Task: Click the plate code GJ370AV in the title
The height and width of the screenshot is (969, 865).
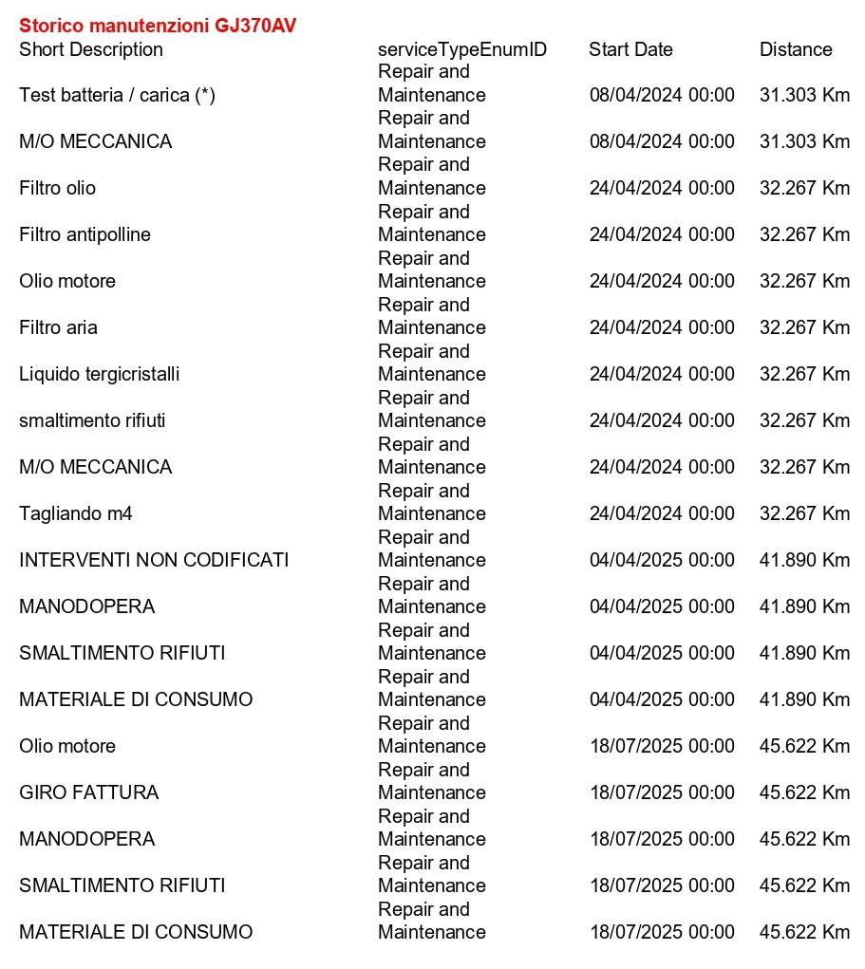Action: click(x=255, y=26)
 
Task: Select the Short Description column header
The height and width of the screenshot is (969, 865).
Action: click(x=91, y=49)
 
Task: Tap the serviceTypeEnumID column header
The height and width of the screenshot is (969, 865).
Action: click(x=462, y=49)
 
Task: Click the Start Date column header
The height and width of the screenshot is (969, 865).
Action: click(x=630, y=49)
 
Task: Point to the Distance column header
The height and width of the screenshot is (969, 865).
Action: click(x=796, y=49)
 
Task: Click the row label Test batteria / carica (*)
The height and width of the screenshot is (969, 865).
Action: click(x=117, y=95)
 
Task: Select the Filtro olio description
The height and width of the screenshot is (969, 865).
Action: click(x=57, y=188)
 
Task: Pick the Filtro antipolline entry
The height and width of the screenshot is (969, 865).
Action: click(x=85, y=234)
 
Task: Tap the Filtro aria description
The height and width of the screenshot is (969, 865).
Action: click(x=58, y=327)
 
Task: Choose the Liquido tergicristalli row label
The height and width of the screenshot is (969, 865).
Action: click(x=99, y=374)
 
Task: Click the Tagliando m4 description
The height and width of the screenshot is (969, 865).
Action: click(x=76, y=513)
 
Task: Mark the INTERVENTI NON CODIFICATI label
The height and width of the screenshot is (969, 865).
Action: click(x=154, y=560)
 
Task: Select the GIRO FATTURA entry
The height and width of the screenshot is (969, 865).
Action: click(x=88, y=792)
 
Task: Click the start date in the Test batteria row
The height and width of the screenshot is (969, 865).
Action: click(x=662, y=95)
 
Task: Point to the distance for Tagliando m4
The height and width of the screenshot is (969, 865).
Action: click(x=804, y=513)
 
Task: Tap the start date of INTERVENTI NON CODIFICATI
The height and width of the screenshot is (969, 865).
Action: click(x=662, y=560)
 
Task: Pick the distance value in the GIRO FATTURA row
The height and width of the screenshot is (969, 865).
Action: click(x=804, y=792)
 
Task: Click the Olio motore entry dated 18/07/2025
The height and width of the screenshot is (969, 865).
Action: click(x=67, y=746)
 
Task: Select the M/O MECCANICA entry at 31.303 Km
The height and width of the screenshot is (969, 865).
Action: click(x=95, y=141)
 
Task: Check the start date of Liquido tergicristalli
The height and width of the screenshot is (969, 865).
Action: click(x=662, y=374)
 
